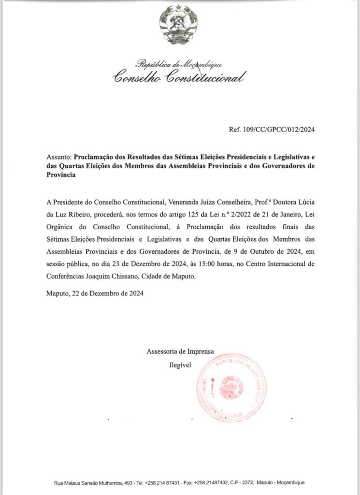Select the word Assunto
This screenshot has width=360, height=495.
pyautogui.click(x=58, y=158)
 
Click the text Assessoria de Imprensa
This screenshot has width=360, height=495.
pyautogui.click(x=180, y=352)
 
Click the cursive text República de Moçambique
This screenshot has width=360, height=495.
pyautogui.click(x=179, y=63)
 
